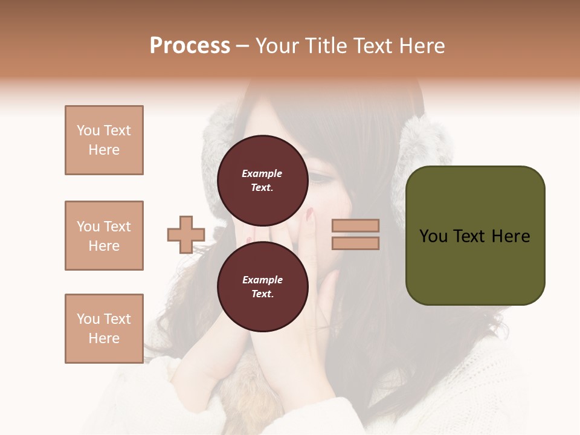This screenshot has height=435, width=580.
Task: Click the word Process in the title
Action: tap(190, 45)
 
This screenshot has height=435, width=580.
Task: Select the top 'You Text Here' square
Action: tap(104, 140)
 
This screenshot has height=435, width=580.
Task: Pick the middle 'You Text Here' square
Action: tap(104, 236)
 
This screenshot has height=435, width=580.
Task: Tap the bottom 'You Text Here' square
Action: tap(104, 328)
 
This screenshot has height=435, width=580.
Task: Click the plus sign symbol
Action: tap(186, 234)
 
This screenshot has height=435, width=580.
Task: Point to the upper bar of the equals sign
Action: tap(355, 226)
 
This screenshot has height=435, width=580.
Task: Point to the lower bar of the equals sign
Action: tap(355, 243)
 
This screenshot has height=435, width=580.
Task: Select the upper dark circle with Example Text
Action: tap(262, 180)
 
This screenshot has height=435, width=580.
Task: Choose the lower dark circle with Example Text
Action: tap(262, 286)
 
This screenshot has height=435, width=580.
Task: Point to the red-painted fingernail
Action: tap(310, 213)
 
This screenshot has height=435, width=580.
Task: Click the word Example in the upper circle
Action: tap(262, 173)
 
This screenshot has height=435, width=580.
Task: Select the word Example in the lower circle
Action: tap(262, 280)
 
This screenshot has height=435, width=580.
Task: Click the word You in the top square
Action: tap(88, 130)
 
